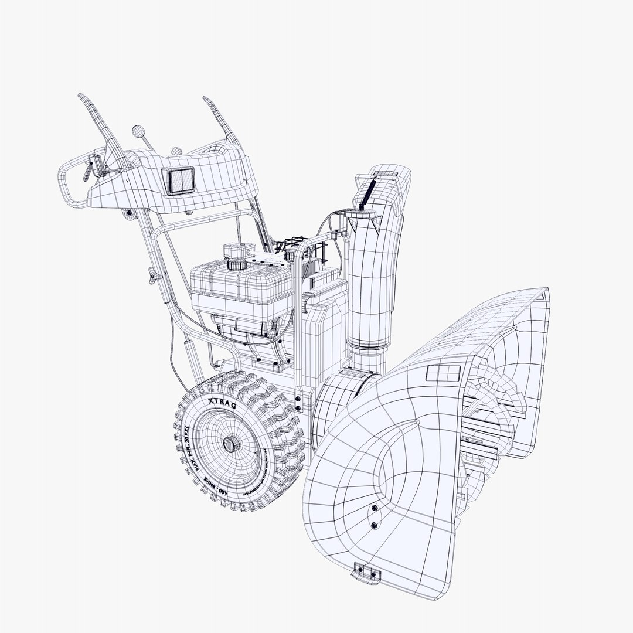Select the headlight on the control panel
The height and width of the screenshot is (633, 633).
pyautogui.click(x=181, y=180)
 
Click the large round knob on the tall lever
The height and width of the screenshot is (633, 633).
pyautogui.click(x=138, y=131)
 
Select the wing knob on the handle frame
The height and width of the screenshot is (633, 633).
pyautogui.click(x=154, y=274)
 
